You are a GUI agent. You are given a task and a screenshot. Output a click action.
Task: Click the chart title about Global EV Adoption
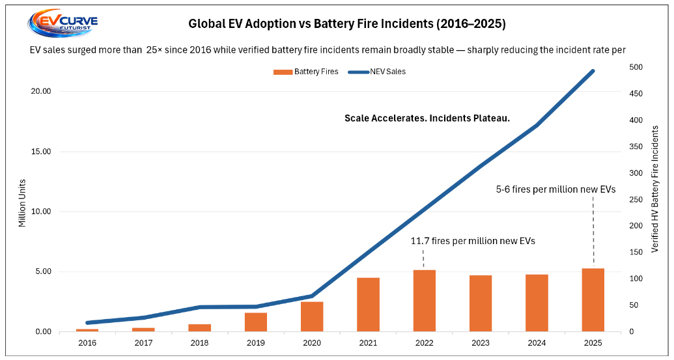click(x=346, y=24)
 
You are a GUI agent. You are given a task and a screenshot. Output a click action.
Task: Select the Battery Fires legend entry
click(x=306, y=72)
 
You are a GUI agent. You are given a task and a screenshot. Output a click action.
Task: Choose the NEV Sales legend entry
click(x=377, y=72)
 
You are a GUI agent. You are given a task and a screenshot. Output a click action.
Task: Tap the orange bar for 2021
click(x=368, y=305)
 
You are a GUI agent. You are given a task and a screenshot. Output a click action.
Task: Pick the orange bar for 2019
click(x=256, y=322)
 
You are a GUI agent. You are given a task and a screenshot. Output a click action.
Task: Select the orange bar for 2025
click(x=593, y=300)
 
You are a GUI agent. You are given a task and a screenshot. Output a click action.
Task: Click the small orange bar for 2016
click(x=87, y=330)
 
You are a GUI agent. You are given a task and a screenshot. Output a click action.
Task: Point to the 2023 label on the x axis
click(x=481, y=342)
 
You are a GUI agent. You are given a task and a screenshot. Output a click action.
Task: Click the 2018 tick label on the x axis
click(x=200, y=342)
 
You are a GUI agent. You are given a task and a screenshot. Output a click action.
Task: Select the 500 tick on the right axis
click(x=636, y=67)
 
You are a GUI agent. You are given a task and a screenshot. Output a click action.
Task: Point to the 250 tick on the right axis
click(x=636, y=199)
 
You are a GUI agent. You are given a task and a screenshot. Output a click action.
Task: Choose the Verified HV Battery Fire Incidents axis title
click(x=655, y=189)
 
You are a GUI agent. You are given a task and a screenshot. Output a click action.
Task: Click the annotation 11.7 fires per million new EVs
click(x=472, y=241)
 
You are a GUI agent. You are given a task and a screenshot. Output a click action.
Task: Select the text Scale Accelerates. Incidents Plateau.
click(x=427, y=118)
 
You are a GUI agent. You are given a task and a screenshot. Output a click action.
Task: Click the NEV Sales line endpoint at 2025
click(x=593, y=70)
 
